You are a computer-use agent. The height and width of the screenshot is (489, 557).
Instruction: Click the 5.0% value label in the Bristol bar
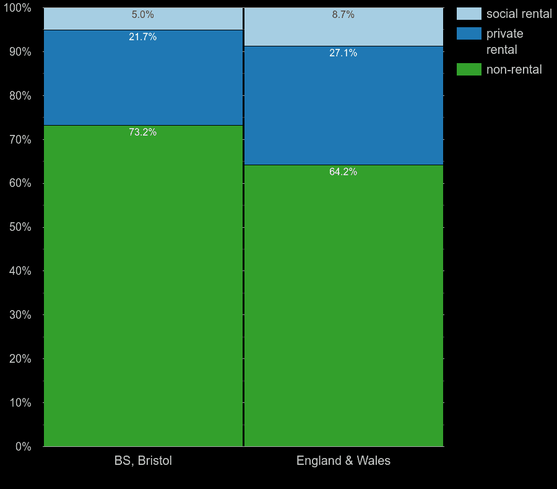[143, 15]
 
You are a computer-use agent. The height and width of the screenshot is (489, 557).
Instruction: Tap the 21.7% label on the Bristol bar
[143, 37]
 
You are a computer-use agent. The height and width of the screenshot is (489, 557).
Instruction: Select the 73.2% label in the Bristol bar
[143, 132]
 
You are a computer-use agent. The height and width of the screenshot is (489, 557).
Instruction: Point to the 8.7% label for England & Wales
[343, 15]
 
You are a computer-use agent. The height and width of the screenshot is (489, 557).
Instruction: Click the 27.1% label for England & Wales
[343, 53]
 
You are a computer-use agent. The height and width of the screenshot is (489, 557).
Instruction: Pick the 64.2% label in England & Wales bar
[343, 172]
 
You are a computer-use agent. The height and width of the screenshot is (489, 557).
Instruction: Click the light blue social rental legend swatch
[468, 14]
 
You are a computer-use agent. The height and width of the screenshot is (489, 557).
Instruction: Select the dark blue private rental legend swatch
[468, 33]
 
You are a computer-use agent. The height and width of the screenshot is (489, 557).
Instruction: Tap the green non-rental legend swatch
[468, 69]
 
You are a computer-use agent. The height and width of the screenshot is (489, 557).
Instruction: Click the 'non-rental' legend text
[514, 69]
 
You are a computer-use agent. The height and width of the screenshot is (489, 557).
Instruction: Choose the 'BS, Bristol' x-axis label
[143, 461]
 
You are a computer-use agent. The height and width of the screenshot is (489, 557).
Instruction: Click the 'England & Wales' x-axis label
[343, 461]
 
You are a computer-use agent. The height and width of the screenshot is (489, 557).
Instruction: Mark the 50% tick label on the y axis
[20, 227]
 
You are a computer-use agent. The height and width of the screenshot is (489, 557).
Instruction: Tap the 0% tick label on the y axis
[23, 446]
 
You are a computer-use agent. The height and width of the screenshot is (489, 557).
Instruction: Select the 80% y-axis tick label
[20, 96]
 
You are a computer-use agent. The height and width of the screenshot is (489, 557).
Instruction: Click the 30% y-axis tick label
[20, 315]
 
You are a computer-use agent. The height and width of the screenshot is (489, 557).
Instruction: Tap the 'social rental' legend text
[519, 14]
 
